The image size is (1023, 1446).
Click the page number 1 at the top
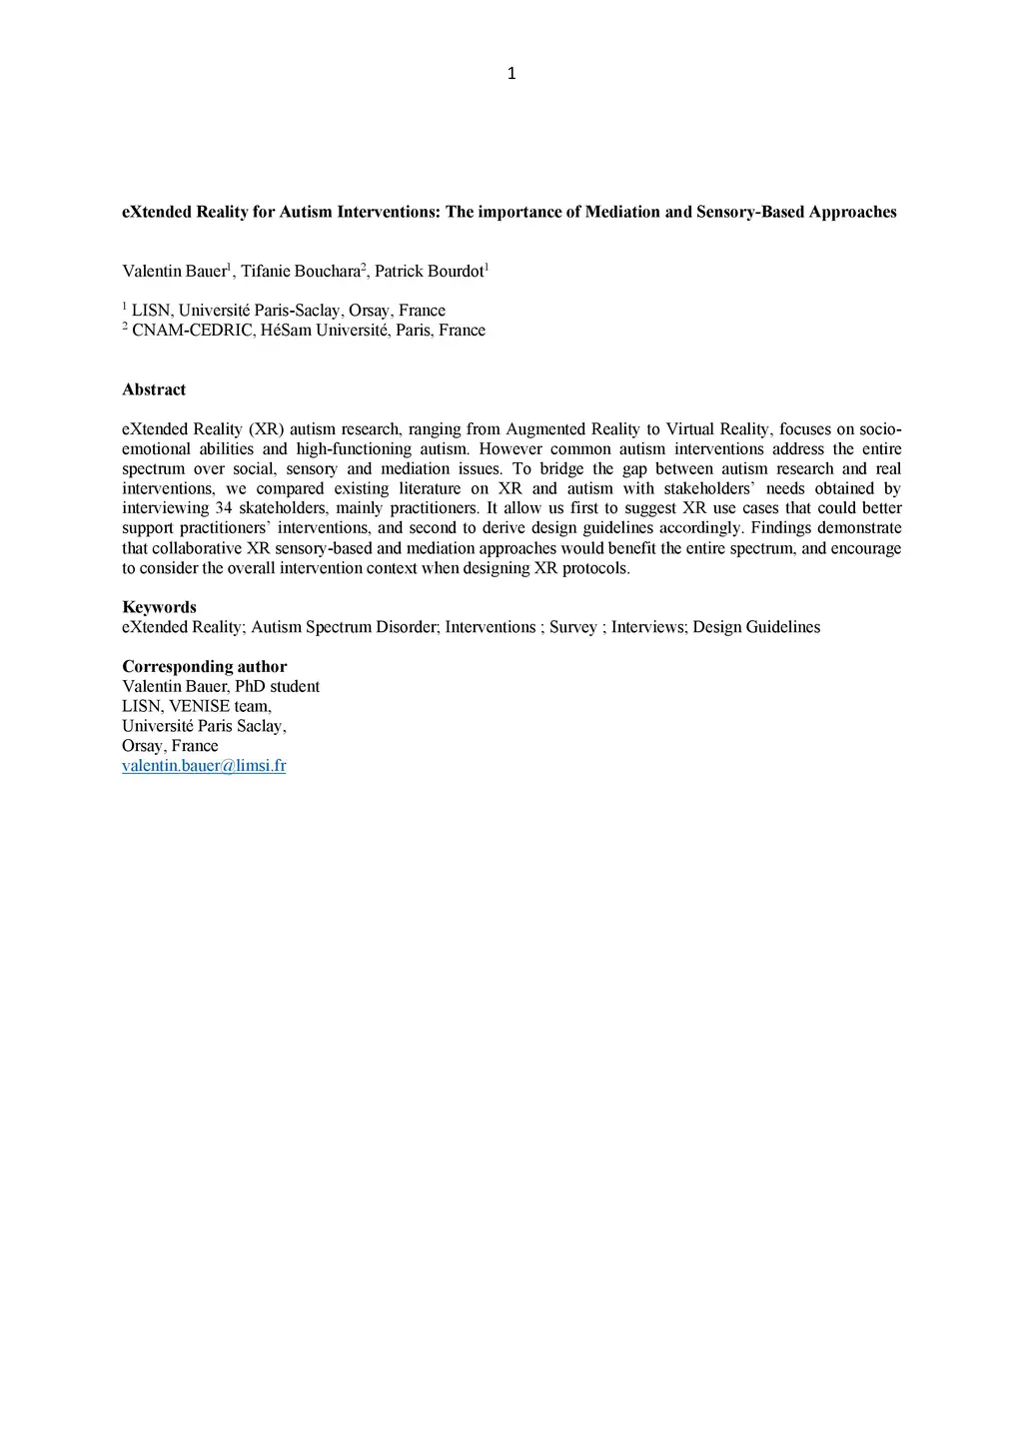[511, 73]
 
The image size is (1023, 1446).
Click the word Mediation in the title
[622, 212]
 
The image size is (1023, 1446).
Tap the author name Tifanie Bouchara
[300, 272]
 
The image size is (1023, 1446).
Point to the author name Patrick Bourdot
[429, 272]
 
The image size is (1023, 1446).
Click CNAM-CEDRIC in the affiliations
[192, 331]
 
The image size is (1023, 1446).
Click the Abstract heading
[154, 389]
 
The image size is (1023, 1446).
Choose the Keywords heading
[159, 607]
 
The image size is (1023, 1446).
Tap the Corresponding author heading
[204, 666]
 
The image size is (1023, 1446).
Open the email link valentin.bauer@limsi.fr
[204, 766]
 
